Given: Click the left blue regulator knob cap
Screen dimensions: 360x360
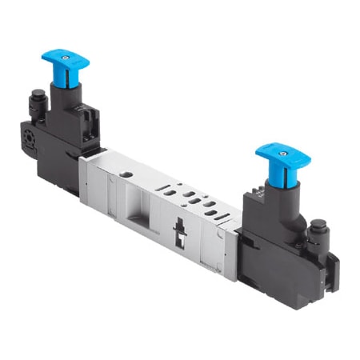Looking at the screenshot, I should point(66,58).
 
